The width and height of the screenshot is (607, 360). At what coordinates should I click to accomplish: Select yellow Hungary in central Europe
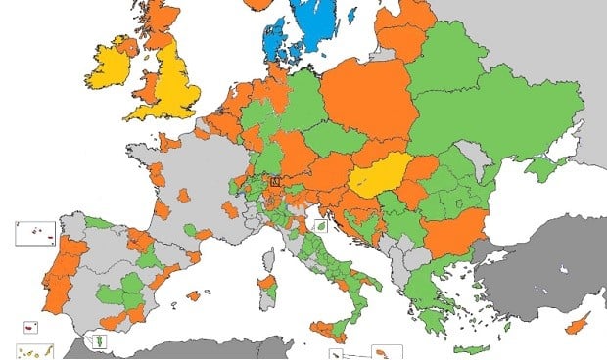click(x=379, y=177)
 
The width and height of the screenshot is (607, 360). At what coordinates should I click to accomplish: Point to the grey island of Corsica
click(x=267, y=254)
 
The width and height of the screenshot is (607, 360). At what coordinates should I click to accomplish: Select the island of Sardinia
click(x=265, y=291)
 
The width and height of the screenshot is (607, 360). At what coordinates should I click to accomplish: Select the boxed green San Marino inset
click(x=319, y=225)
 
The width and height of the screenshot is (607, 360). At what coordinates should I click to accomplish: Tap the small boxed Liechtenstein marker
click(x=274, y=181)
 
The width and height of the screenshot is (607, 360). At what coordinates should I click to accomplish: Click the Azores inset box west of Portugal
click(x=34, y=233)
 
